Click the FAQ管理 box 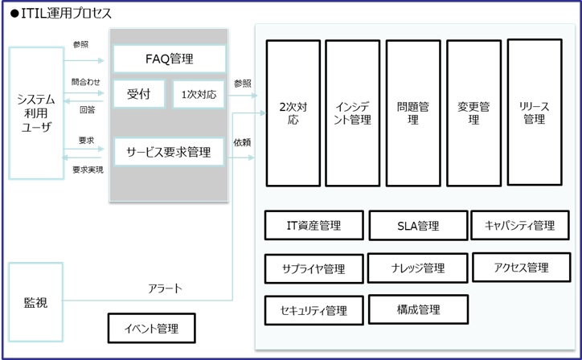(x=169, y=59)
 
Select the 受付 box (x=139, y=94)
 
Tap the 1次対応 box (x=199, y=94)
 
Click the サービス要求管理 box (x=169, y=151)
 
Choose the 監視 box (x=35, y=303)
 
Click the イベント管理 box (x=152, y=329)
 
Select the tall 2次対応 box (x=293, y=112)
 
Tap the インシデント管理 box (x=352, y=112)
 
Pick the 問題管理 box (x=412, y=112)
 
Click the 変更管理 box (x=473, y=112)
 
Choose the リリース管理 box (x=534, y=112)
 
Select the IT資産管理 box (x=314, y=226)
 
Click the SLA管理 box (x=418, y=226)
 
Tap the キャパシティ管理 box (x=520, y=226)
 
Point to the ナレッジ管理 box (x=418, y=268)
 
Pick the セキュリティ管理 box (x=314, y=310)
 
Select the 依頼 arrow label (x=242, y=142)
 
